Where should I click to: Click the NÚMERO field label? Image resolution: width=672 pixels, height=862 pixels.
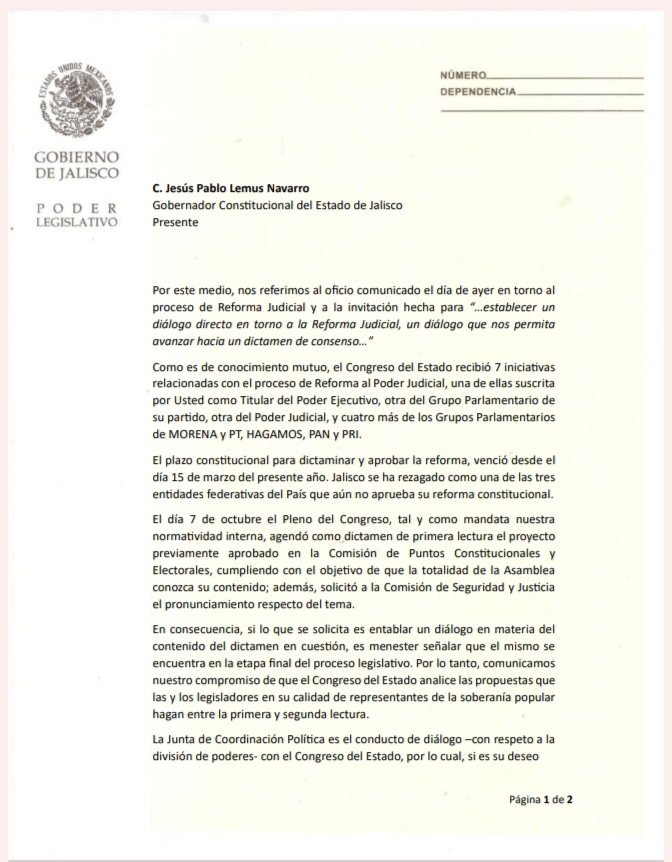[463, 76]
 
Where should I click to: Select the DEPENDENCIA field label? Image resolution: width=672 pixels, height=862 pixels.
[477, 92]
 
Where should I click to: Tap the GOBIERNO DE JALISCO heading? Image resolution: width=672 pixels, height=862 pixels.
[77, 165]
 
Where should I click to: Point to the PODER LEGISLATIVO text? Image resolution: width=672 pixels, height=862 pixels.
[77, 214]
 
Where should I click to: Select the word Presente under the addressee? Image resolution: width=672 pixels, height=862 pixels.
[175, 222]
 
